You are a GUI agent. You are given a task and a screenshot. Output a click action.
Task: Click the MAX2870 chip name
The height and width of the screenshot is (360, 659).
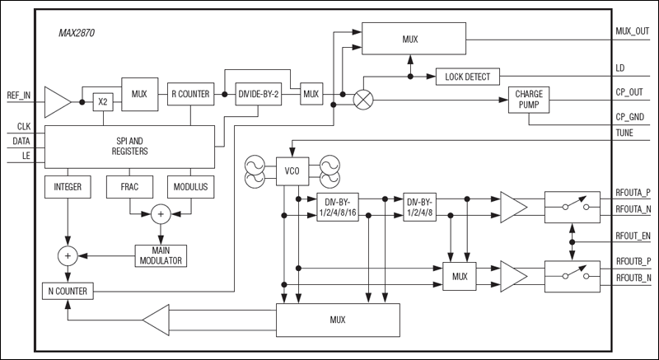(x=73, y=35)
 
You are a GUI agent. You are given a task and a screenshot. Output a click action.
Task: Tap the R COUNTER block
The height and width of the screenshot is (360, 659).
(x=190, y=94)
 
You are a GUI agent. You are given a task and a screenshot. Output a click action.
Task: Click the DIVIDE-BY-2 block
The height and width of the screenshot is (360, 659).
(x=259, y=94)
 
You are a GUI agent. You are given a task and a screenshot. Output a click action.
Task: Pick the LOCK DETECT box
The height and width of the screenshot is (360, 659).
(x=467, y=77)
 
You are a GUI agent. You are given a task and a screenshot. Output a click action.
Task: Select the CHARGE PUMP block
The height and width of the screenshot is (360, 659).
(x=528, y=101)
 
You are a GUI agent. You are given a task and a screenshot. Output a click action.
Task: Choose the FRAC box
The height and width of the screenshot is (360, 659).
(x=127, y=187)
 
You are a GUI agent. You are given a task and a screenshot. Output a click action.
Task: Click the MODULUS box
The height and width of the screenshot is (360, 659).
(x=190, y=187)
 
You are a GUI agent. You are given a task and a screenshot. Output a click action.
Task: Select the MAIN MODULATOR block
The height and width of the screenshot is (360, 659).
(x=161, y=255)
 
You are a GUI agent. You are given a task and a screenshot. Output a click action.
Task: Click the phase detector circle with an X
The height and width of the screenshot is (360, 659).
(x=363, y=101)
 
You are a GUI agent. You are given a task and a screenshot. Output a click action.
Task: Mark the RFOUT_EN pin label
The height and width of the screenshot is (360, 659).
(x=633, y=235)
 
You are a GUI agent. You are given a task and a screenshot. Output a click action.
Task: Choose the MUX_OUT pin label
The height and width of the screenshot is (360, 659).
(x=632, y=31)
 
